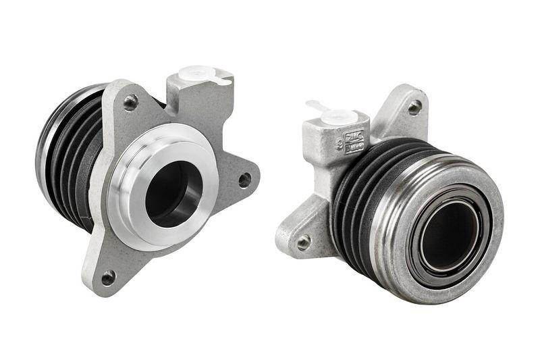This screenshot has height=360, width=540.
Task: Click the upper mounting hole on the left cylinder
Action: (130, 103)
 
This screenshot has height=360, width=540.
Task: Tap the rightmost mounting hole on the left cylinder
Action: (244, 180)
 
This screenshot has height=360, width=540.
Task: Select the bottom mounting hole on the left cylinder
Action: (108, 276)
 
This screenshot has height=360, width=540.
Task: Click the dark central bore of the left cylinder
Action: (171, 192)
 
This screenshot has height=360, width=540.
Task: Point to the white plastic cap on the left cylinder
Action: (198, 73)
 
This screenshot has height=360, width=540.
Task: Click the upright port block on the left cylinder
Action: (196, 101)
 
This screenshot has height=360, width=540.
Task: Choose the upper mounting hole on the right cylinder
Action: (414, 107)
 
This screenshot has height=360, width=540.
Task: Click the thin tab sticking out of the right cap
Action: (313, 105)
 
